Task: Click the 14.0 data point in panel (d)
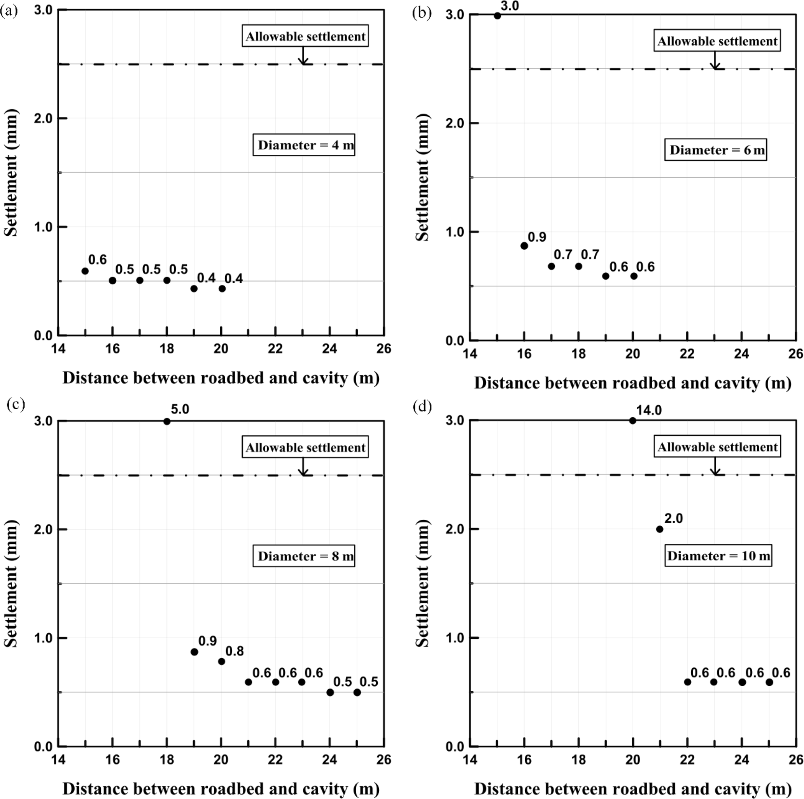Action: [x=632, y=421]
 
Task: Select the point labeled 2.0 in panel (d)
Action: [x=660, y=529]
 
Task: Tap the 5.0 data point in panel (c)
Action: [x=167, y=422]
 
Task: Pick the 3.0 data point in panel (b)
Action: [x=497, y=16]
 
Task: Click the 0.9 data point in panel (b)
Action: [x=524, y=246]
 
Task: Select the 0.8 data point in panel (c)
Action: [x=221, y=661]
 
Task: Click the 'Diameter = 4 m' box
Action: [x=304, y=145]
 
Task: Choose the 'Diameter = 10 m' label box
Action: [x=718, y=556]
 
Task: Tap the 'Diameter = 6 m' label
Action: [x=715, y=150]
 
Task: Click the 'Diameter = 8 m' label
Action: [x=304, y=556]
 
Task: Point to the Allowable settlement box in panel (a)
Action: [x=305, y=37]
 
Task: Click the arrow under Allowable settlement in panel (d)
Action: [x=715, y=466]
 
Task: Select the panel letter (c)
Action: [x=16, y=404]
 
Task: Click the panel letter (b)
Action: [x=422, y=13]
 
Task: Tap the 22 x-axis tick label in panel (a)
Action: [x=275, y=349]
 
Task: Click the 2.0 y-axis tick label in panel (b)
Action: [x=454, y=123]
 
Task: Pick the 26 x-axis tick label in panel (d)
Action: [x=795, y=760]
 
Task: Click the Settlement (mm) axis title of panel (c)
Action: [x=11, y=583]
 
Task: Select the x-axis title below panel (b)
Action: [x=632, y=383]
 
